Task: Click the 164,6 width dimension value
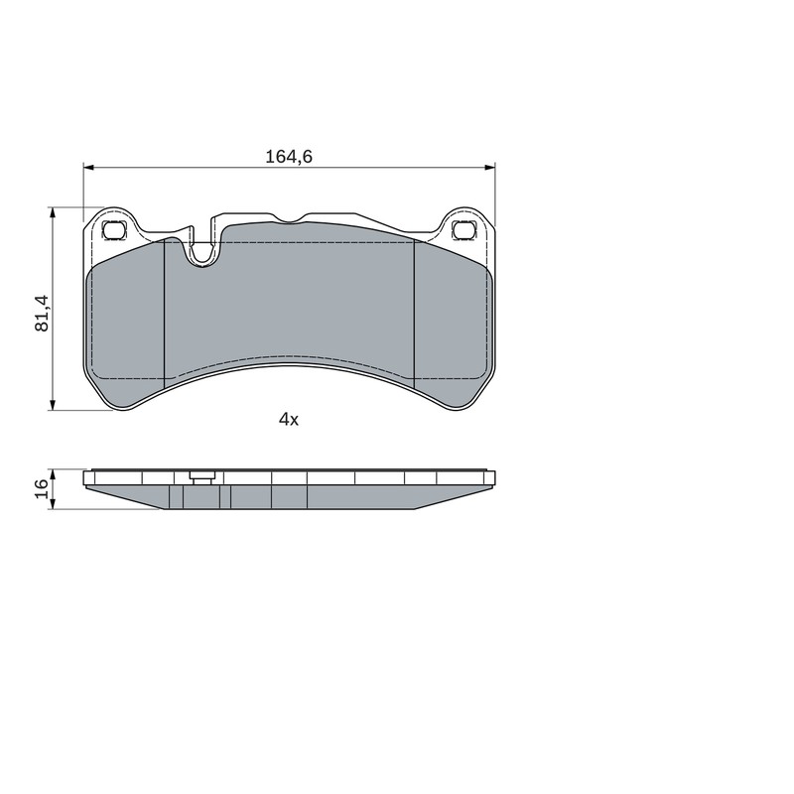click(x=289, y=157)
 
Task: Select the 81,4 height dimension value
click(x=42, y=313)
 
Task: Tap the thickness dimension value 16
click(x=41, y=488)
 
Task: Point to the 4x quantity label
click(x=289, y=419)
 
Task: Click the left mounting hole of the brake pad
click(x=113, y=230)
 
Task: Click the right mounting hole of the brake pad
click(x=463, y=230)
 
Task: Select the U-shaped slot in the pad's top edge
click(x=202, y=253)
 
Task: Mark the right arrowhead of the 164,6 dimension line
click(x=489, y=167)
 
